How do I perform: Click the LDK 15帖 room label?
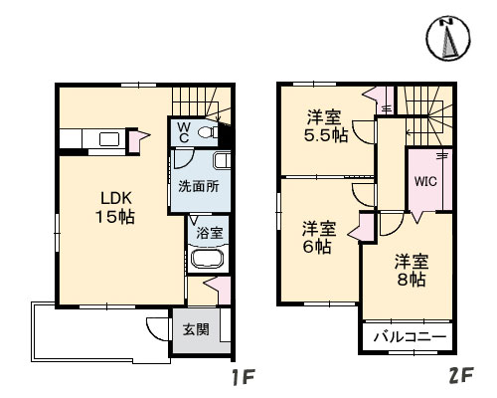click(x=115, y=206)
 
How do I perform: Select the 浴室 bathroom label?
click(x=208, y=234)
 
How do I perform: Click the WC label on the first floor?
click(x=185, y=131)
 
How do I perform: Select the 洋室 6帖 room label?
click(x=318, y=237)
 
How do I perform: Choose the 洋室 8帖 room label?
click(x=410, y=271)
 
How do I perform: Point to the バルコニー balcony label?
click(x=409, y=338)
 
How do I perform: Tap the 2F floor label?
click(x=460, y=379)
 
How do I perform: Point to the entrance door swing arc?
click(x=156, y=328)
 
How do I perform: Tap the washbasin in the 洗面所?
click(x=223, y=161)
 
